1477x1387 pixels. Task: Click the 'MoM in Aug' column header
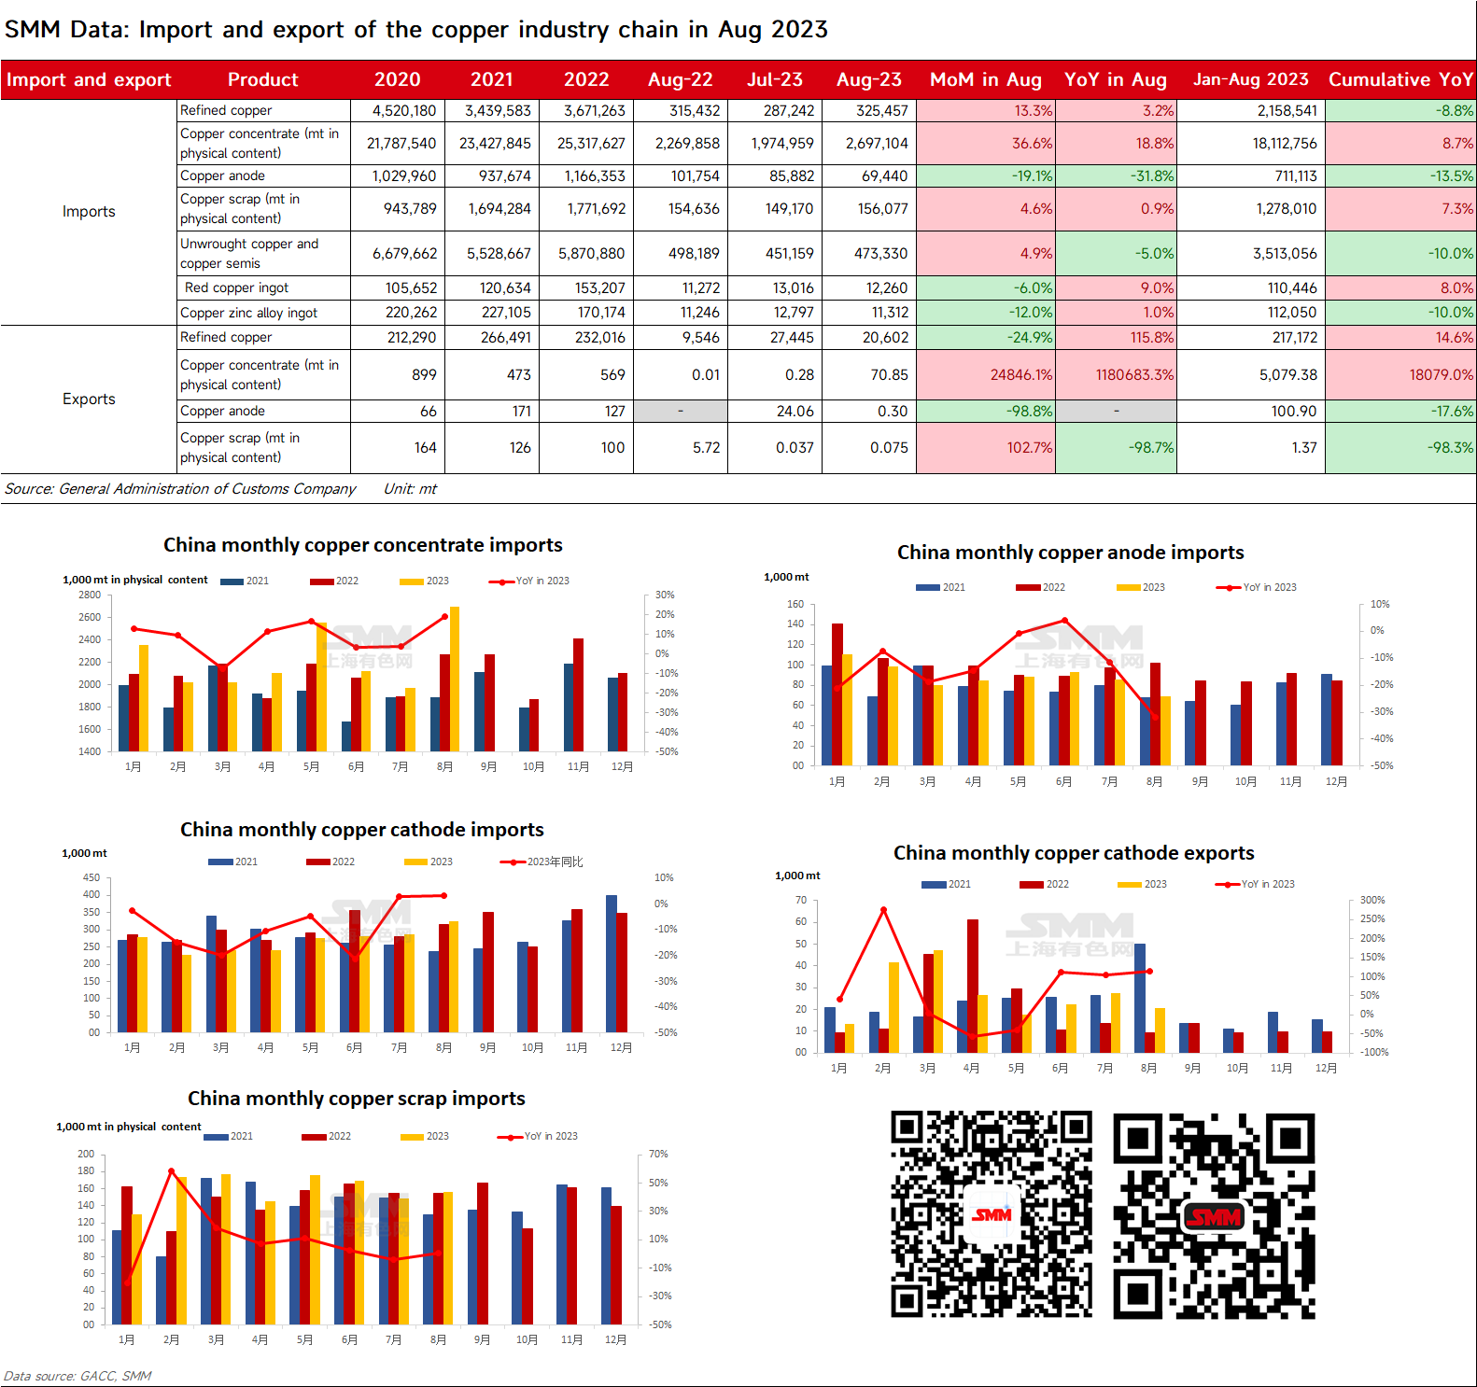(985, 79)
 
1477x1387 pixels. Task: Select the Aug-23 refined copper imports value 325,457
(882, 110)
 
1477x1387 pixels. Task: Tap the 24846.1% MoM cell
(1021, 374)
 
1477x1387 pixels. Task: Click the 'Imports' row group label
(89, 211)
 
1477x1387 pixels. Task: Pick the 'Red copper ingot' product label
(236, 287)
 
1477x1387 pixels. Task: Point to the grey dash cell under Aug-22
(681, 411)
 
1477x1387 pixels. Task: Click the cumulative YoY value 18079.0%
(1442, 374)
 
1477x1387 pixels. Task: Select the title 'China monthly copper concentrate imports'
(363, 545)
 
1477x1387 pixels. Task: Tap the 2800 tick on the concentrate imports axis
(90, 595)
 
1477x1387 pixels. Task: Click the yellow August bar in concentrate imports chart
(455, 679)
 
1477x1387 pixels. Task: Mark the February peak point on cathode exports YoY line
(883, 910)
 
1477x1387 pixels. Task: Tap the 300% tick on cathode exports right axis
(1372, 900)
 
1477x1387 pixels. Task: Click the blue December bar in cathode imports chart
(612, 963)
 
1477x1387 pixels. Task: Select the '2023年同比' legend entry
(542, 862)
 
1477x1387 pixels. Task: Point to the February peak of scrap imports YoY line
(171, 1171)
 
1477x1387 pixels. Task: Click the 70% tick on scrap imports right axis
(658, 1154)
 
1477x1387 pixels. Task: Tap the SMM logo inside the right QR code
(1214, 1217)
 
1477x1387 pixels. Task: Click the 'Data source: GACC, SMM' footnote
(77, 1376)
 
